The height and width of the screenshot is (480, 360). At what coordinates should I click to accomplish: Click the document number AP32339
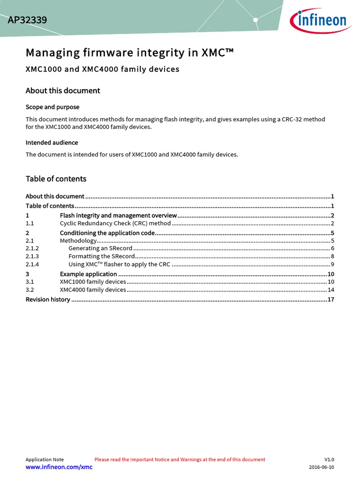[x=27, y=21]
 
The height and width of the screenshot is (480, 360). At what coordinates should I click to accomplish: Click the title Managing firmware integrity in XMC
[x=129, y=52]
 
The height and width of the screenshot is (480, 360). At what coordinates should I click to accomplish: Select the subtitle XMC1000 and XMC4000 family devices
[x=102, y=69]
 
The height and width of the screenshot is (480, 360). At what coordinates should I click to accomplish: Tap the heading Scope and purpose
[x=52, y=107]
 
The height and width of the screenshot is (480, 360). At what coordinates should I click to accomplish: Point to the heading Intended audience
[x=52, y=142]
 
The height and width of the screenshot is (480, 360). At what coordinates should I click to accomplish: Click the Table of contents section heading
[x=56, y=179]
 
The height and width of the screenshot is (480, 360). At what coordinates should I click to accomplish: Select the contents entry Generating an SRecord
[x=100, y=248]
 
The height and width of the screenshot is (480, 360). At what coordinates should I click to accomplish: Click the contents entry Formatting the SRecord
[x=102, y=256]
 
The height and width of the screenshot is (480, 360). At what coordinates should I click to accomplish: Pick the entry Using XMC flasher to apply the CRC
[x=119, y=264]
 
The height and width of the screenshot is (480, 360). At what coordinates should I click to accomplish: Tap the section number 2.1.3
[x=32, y=256]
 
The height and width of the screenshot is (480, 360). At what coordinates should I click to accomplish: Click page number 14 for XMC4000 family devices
[x=330, y=290]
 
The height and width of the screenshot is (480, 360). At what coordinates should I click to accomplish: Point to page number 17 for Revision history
[x=330, y=300]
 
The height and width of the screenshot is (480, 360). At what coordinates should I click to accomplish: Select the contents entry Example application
[x=88, y=274]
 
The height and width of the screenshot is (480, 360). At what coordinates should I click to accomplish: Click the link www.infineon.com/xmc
[x=59, y=467]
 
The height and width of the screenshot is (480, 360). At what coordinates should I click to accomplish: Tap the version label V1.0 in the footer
[x=329, y=459]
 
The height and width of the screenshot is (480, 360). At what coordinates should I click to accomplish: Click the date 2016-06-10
[x=322, y=467]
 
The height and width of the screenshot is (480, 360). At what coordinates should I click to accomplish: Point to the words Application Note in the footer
[x=45, y=459]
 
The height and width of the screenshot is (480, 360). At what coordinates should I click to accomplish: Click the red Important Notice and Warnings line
[x=180, y=459]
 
